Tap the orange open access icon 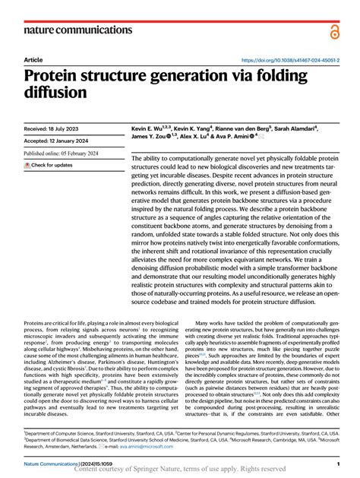335,30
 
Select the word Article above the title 33,59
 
